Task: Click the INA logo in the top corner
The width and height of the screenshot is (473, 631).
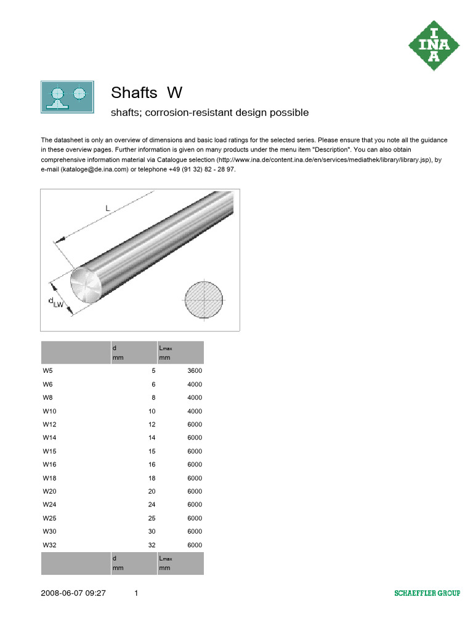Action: coord(434,45)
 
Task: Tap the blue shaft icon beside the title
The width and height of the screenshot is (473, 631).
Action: coord(67,97)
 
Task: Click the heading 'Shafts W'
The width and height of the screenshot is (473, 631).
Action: coord(147,93)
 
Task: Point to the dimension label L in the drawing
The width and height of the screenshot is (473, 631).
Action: coord(107,209)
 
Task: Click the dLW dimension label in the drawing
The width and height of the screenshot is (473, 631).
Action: coord(56,301)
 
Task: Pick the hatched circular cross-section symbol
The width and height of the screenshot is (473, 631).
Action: coord(204,299)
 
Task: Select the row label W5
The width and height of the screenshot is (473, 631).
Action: coord(47,371)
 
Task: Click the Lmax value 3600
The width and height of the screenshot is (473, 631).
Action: coord(195,371)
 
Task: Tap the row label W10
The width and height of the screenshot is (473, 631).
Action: coord(49,411)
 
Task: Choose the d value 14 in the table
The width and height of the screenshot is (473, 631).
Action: coord(152,438)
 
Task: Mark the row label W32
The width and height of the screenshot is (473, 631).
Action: coord(49,545)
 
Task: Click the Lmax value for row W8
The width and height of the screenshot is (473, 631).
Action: coord(195,397)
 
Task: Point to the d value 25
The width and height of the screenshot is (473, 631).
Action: coord(152,518)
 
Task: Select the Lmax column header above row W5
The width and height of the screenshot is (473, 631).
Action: coord(166,352)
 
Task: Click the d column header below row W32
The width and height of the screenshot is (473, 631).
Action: coord(115,563)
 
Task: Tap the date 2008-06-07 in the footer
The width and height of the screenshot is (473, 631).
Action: coord(61,593)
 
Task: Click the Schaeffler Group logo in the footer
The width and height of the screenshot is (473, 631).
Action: coord(427,593)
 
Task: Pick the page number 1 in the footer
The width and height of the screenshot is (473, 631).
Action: coord(136,593)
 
